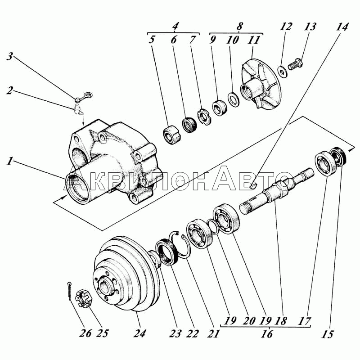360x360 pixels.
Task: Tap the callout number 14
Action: [x=342, y=27]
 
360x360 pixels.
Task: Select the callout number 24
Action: [x=139, y=333]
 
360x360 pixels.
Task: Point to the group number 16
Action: [x=267, y=333]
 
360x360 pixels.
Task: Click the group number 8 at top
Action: [x=239, y=26]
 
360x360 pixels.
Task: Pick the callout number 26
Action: [x=85, y=333]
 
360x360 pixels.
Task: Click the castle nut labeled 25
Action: [x=84, y=298]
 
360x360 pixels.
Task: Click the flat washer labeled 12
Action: [x=282, y=71]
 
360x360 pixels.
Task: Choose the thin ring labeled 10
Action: [x=234, y=99]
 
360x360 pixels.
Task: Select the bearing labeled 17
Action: [x=326, y=163]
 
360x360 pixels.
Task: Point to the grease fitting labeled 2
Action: [x=78, y=108]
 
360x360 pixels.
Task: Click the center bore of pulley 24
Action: [x=105, y=286]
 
